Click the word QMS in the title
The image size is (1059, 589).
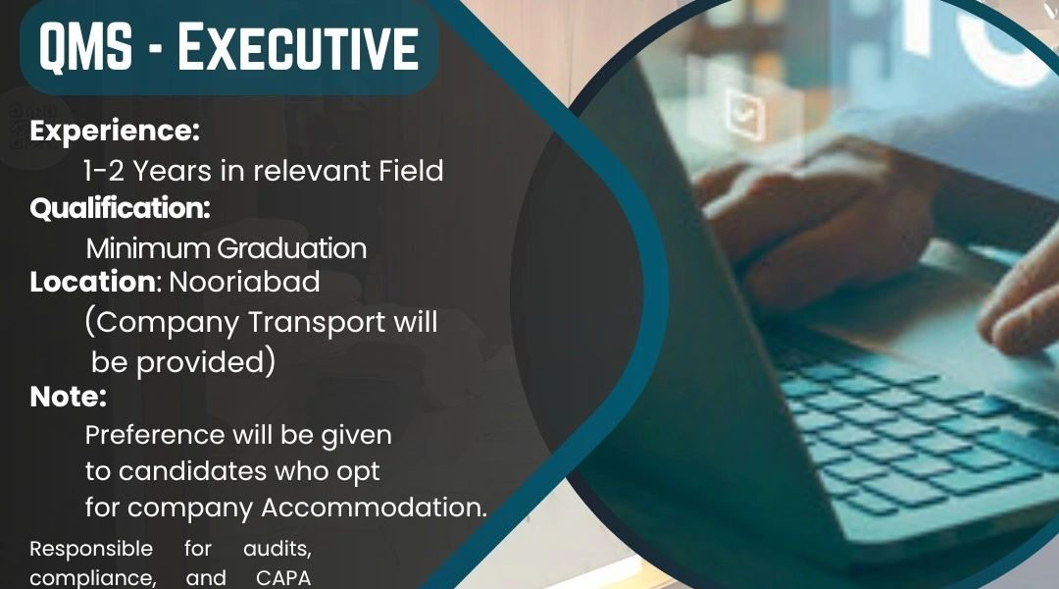[x=85, y=47]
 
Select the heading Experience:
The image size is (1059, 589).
[x=115, y=132]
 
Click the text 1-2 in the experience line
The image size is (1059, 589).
[x=104, y=171]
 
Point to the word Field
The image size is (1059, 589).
[x=411, y=171]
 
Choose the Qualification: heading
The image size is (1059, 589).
[x=121, y=208]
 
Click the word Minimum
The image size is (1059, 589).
[x=148, y=249]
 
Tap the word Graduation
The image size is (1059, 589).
[x=292, y=249]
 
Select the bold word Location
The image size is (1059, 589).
[x=92, y=282]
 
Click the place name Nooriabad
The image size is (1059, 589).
[x=244, y=282]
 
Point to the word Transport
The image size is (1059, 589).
[x=316, y=323]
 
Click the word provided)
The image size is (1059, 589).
[x=206, y=362]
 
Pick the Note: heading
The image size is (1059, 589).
[x=69, y=397]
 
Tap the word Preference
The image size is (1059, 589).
[x=155, y=435]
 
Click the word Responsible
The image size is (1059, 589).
[x=91, y=549]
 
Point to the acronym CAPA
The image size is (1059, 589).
[x=283, y=578]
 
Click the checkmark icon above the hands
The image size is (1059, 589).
[x=746, y=115]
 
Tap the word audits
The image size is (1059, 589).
[x=277, y=549]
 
